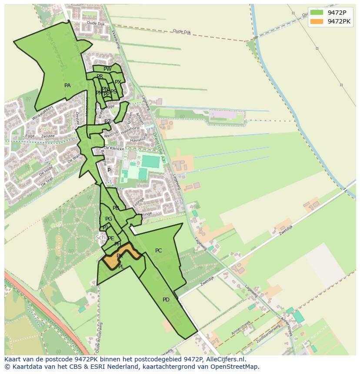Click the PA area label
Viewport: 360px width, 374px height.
(x=67, y=86)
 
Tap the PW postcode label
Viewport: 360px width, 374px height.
(x=107, y=69)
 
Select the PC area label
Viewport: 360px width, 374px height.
(x=159, y=251)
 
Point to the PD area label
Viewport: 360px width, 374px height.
(x=166, y=300)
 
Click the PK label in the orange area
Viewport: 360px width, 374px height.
(x=120, y=256)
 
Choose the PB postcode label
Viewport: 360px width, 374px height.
(x=116, y=208)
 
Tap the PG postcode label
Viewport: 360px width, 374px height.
(x=109, y=219)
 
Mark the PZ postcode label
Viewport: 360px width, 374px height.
(x=107, y=122)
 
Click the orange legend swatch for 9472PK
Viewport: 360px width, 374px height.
(x=317, y=21)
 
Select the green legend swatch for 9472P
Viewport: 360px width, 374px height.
(x=317, y=13)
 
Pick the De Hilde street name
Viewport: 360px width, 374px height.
(x=46, y=169)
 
